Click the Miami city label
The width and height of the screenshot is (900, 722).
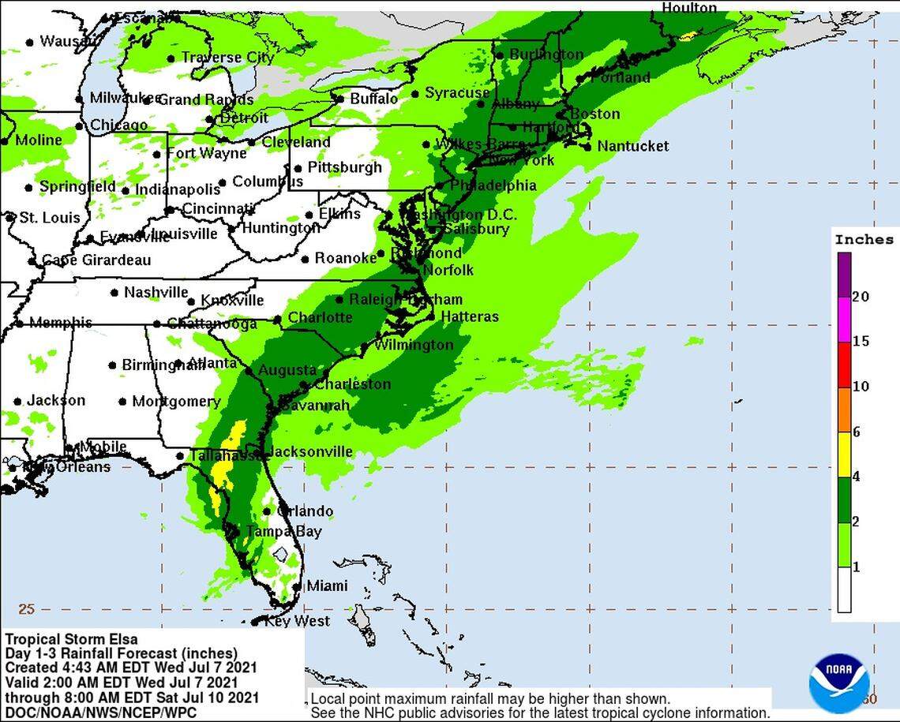click(x=327, y=585)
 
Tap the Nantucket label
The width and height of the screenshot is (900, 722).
click(x=632, y=146)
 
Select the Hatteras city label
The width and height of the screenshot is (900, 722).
click(x=469, y=316)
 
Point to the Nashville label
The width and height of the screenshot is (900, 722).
click(x=156, y=293)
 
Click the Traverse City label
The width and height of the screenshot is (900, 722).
click(x=227, y=58)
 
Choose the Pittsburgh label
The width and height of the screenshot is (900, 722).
click(x=344, y=167)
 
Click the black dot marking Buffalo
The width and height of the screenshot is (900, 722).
click(x=340, y=99)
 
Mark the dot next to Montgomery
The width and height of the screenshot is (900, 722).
click(x=122, y=402)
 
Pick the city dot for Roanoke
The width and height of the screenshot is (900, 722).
click(x=305, y=259)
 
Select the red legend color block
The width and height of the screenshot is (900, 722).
click(x=844, y=365)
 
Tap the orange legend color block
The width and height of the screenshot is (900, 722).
click(x=844, y=410)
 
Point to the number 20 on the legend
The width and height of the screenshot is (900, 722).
click(x=861, y=297)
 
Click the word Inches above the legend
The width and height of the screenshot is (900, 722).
click(x=864, y=240)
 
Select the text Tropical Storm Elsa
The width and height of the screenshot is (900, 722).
click(x=71, y=639)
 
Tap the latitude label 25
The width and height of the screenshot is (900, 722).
click(x=27, y=609)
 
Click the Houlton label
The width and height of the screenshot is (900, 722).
click(x=689, y=8)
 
